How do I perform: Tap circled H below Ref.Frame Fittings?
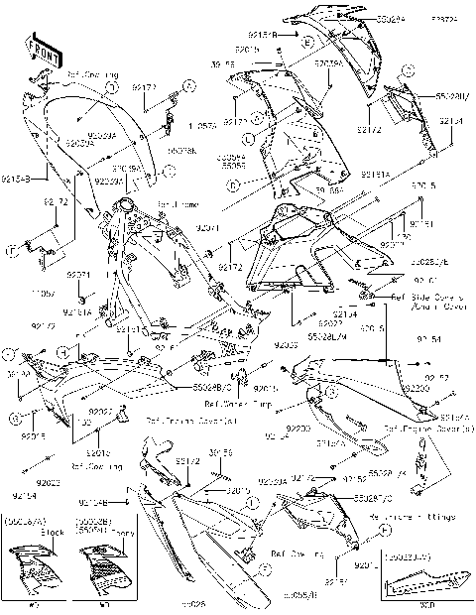pyautogui.click(x=381, y=533)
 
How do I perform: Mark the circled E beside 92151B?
pyautogui.click(x=308, y=44)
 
